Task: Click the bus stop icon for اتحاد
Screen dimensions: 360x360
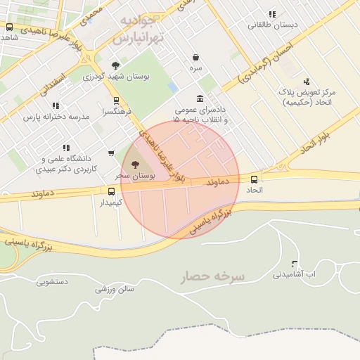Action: [x=254, y=179]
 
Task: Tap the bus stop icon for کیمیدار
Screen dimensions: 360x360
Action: [x=111, y=191]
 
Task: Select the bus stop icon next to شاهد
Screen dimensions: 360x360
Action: [x=9, y=27]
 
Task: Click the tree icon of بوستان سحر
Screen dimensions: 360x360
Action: [x=136, y=164]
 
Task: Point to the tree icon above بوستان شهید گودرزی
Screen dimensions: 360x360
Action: [x=115, y=65]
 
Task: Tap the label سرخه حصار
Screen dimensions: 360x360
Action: [x=212, y=276]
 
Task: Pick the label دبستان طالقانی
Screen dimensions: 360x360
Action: [x=272, y=25]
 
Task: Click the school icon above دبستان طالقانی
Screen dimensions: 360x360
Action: [x=272, y=14]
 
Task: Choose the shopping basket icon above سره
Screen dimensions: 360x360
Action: [x=195, y=57]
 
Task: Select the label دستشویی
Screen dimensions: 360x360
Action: [x=52, y=282]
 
